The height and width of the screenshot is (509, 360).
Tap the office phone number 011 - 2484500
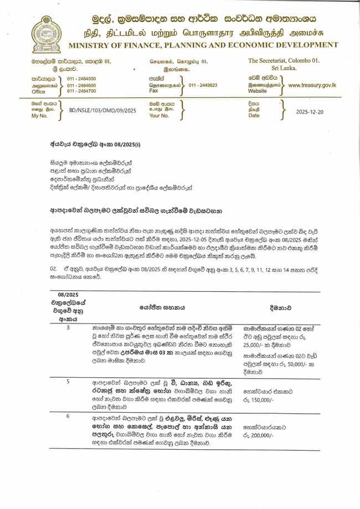[x=81, y=79]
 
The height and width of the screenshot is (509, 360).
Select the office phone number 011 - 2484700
[x=81, y=91]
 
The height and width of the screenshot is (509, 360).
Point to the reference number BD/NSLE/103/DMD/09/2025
[x=99, y=111]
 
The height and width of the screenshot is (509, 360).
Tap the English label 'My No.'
[x=39, y=116]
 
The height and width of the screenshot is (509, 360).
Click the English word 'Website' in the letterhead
[x=258, y=91]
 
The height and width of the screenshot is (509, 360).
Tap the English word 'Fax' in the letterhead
[x=153, y=91]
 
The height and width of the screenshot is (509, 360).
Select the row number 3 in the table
[x=68, y=327]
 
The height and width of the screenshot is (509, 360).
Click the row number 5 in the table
[x=68, y=382]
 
